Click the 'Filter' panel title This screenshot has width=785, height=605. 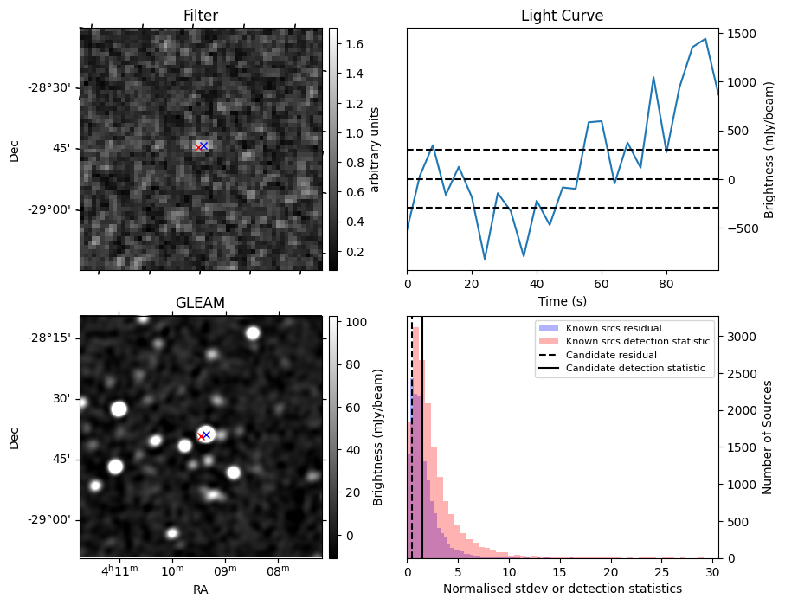(201, 16)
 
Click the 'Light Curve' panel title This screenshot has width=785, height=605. (562, 16)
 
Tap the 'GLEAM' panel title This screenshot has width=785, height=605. (201, 302)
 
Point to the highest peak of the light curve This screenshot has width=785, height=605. (705, 39)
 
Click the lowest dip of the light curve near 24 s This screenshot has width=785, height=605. (485, 259)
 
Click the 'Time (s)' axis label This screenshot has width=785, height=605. (563, 299)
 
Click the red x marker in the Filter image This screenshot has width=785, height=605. (198, 147)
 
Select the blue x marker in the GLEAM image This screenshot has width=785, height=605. (206, 434)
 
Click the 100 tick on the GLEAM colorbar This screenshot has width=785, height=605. (357, 322)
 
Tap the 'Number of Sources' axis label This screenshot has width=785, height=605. (767, 438)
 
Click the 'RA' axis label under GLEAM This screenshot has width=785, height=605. (201, 589)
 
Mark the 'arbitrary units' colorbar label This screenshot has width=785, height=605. (375, 149)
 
